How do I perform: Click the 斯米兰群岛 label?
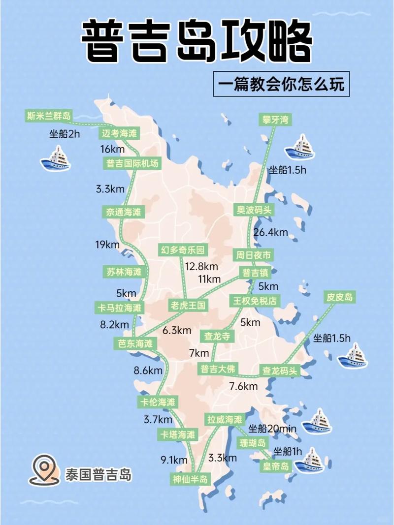pyautogui.click(x=49, y=116)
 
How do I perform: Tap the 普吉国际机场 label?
pyautogui.click(x=132, y=164)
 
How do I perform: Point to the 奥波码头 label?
pyautogui.click(x=254, y=210)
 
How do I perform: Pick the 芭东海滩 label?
pyautogui.click(x=136, y=343)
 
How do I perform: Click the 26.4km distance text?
pyautogui.click(x=270, y=232)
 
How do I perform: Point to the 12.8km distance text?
pyautogui.click(x=201, y=266)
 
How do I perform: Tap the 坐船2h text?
pyautogui.click(x=65, y=133)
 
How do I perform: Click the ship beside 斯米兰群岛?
pyautogui.click(x=56, y=159)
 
